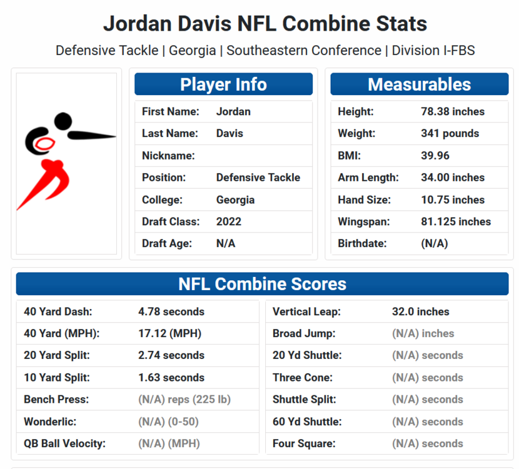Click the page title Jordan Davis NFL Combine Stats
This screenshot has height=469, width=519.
[x=265, y=24]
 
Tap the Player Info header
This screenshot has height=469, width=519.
[x=223, y=84]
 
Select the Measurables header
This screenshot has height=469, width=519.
[x=419, y=84]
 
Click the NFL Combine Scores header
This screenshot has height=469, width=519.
[x=262, y=284]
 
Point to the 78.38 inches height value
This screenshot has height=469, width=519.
[x=453, y=112]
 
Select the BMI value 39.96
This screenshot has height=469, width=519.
[x=435, y=156]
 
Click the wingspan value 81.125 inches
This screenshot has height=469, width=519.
[x=456, y=222]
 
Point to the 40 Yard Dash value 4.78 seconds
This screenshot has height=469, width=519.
[x=171, y=311]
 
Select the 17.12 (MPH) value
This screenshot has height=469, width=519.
[x=169, y=334]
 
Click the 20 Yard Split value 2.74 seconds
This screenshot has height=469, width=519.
[x=171, y=355]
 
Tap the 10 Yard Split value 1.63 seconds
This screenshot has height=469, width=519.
[x=171, y=378]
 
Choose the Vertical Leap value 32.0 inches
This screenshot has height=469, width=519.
[x=420, y=311]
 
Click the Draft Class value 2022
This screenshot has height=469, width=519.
[x=229, y=222]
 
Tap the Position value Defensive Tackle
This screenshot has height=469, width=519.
[x=258, y=178]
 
